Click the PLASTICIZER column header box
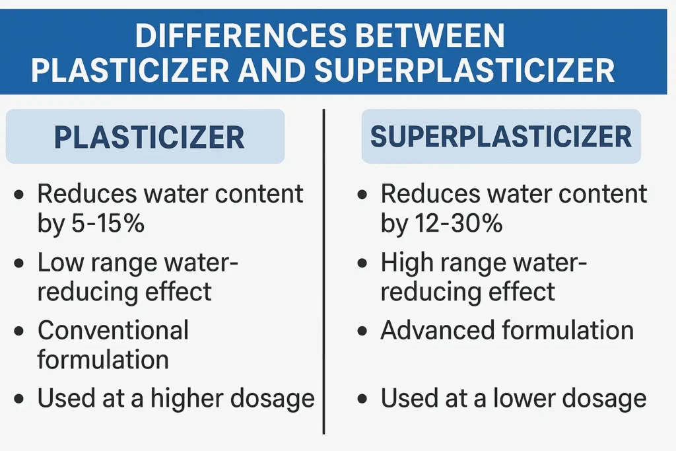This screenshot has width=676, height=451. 145,137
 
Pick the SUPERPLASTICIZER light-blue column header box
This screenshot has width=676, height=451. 500,137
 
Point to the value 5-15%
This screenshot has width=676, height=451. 107,225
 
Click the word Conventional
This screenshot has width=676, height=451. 113,330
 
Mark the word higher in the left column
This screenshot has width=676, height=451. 195,398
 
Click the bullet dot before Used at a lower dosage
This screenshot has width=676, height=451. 362,399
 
